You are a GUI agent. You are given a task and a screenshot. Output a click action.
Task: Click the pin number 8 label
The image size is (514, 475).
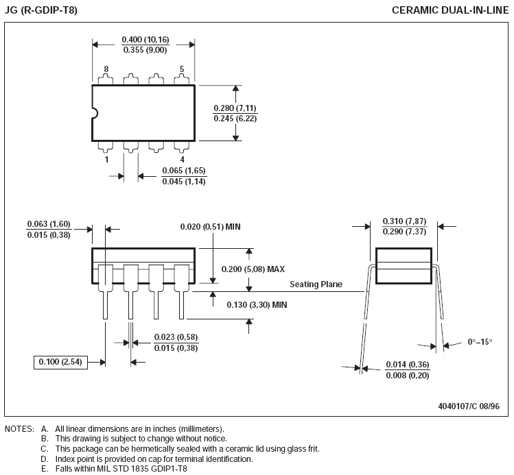(x=106, y=69)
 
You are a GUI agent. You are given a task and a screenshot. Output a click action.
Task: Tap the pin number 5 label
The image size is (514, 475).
(x=182, y=69)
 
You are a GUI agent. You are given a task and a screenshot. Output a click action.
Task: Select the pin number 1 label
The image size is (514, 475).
(x=106, y=160)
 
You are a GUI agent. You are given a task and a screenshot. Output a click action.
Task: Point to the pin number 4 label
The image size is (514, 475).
(x=183, y=160)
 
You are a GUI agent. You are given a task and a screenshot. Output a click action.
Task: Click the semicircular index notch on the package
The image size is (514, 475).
(x=95, y=113)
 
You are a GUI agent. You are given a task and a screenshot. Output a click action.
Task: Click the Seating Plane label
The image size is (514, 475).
(x=316, y=284)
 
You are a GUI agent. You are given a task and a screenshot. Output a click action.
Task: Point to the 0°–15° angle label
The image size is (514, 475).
(x=480, y=342)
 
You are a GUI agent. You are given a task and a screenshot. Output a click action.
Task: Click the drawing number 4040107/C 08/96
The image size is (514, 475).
(x=469, y=406)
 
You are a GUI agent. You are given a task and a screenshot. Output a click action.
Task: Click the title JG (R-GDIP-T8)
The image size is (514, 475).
(x=41, y=10)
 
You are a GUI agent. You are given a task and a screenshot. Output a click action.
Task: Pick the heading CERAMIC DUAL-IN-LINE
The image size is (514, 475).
(x=450, y=10)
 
